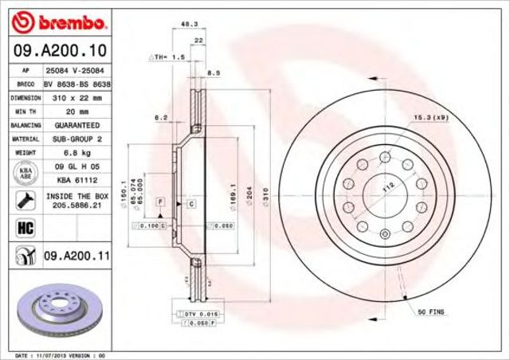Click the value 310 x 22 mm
[x=76, y=97]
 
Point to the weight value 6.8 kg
[x=76, y=151]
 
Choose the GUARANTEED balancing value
[x=76, y=125]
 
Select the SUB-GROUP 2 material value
[x=76, y=139]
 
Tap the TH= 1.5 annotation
[x=169, y=58]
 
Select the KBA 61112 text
[x=76, y=179]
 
